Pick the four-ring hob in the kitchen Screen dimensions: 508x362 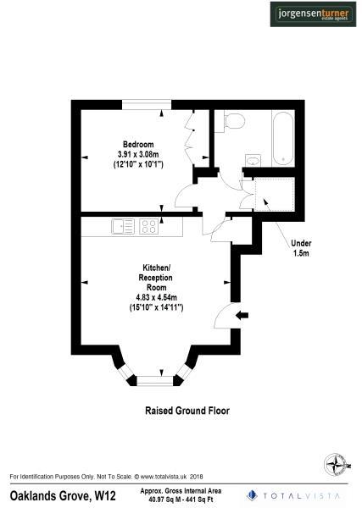pos(149,226)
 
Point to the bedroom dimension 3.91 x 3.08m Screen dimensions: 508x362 pos(140,153)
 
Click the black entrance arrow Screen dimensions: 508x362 pos(242,316)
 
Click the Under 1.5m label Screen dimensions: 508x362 pos(300,247)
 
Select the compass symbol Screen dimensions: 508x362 pos(336,465)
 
